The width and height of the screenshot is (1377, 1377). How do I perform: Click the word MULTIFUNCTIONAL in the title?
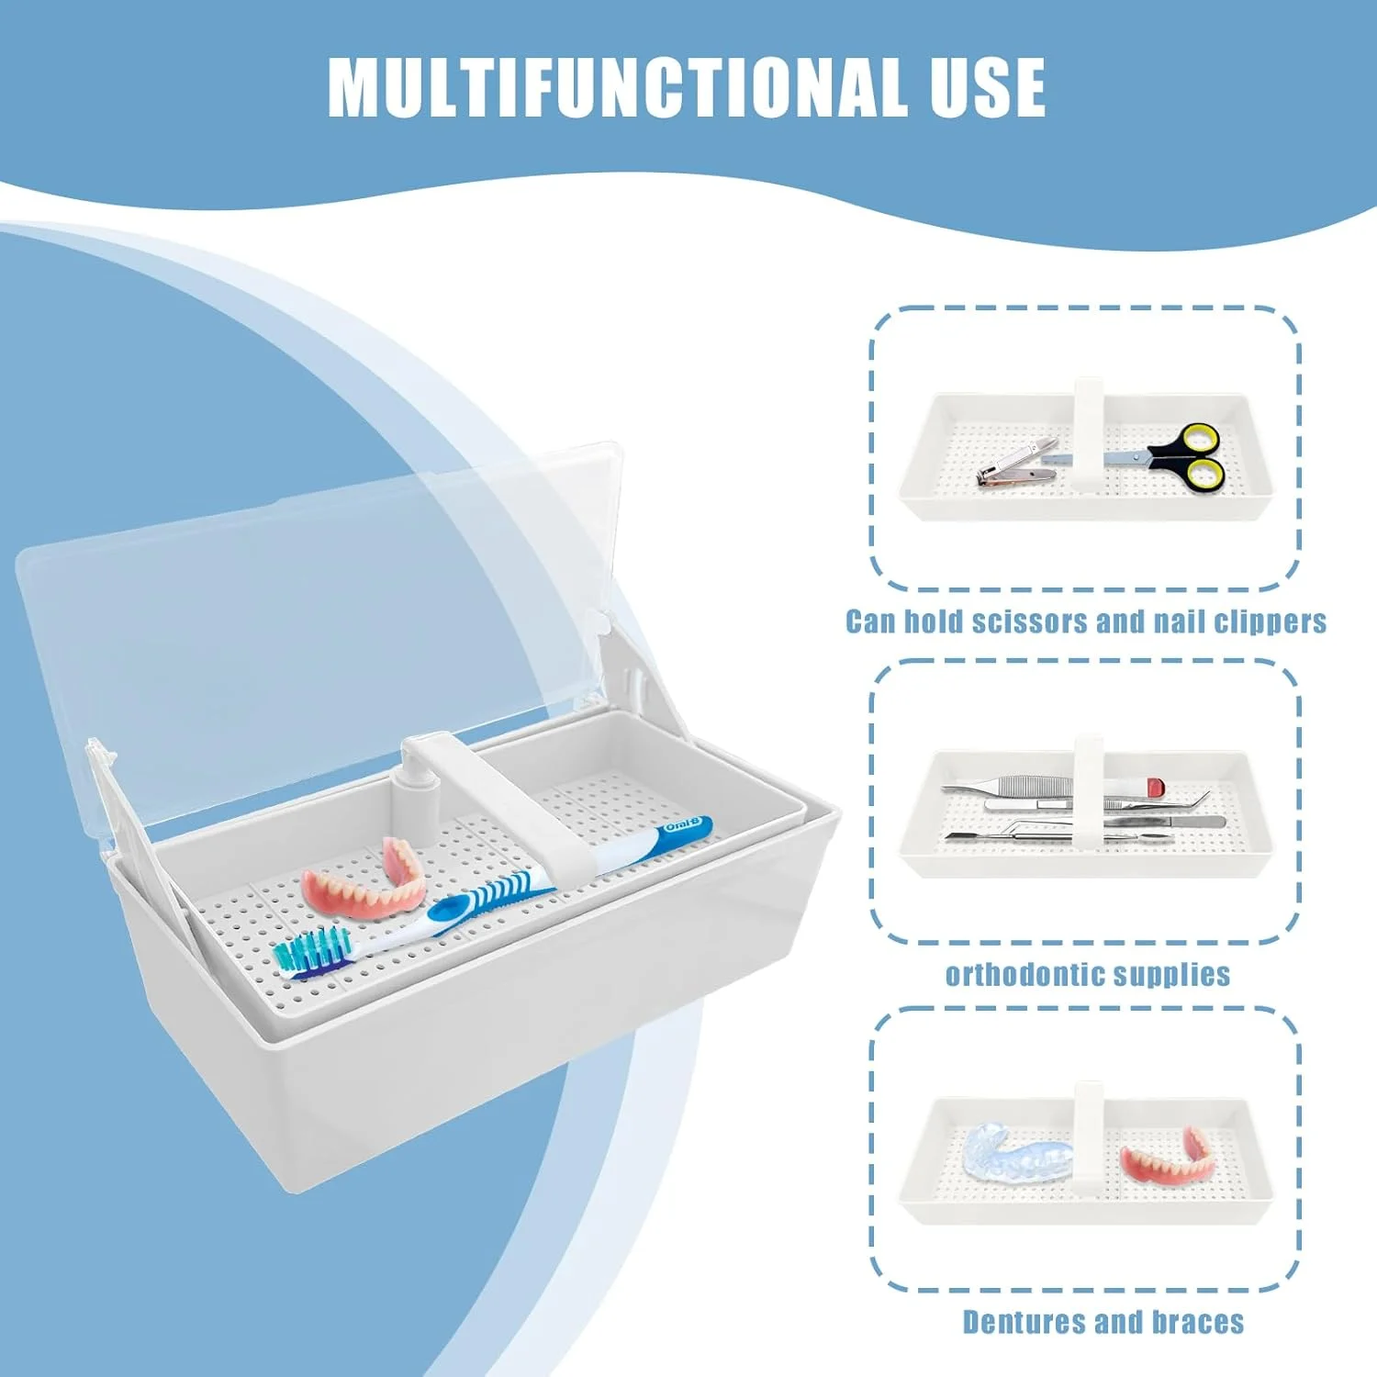[618, 87]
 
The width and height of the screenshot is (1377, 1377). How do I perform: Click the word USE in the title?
[988, 87]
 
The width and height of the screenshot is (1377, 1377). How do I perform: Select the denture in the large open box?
[364, 878]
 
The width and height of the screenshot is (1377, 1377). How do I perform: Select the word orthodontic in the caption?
[1032, 974]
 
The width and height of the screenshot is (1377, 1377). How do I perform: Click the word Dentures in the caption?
[1024, 1322]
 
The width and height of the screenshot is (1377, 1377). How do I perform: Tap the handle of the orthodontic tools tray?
[1089, 789]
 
